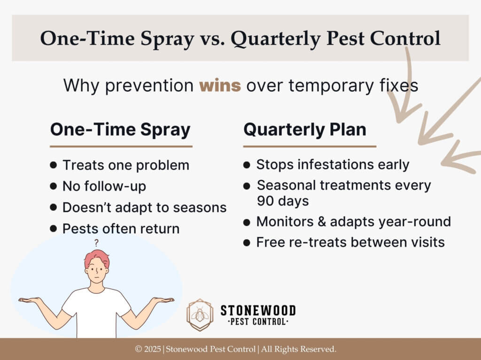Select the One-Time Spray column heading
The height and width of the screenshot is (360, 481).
[x=120, y=130]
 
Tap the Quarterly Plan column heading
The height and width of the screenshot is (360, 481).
[x=304, y=130]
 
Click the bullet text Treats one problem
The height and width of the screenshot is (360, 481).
[x=125, y=165]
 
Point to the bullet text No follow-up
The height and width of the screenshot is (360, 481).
[x=104, y=186]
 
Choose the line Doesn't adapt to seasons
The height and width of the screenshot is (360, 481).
[x=144, y=207]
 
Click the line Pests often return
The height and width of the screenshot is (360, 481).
[x=121, y=229]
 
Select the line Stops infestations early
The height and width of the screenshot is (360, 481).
[x=333, y=165]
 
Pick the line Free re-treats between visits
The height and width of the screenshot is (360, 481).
[x=350, y=243]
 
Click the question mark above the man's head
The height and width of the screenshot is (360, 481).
[x=96, y=244]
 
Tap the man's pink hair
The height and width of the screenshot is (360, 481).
[x=96, y=256]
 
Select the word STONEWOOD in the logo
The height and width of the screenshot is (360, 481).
[x=258, y=310]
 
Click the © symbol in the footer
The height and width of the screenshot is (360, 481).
[x=139, y=349]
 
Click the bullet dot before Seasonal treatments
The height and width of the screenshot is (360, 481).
[x=247, y=186]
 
